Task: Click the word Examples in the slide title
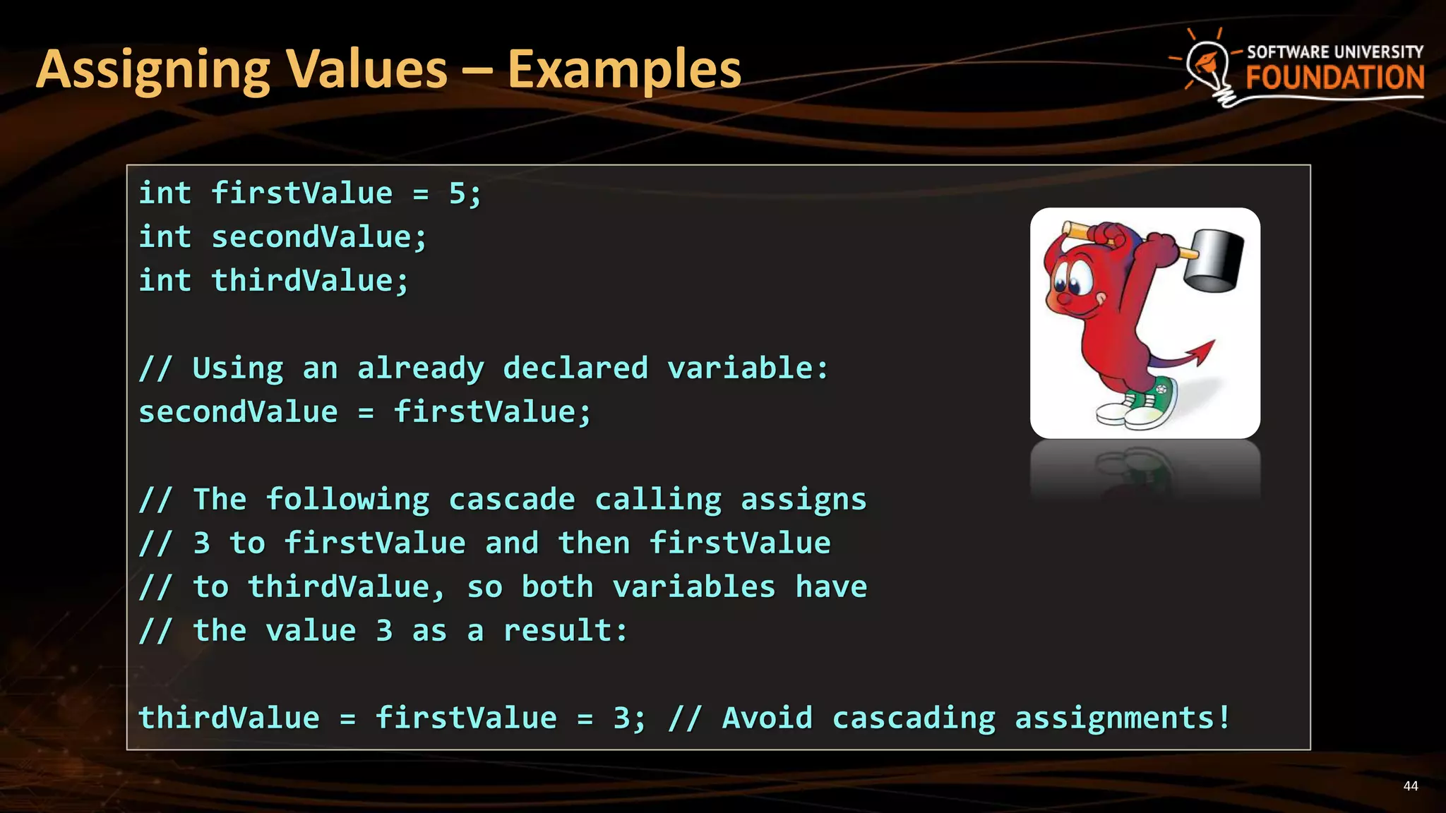point(624,69)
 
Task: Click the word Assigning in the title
point(153,71)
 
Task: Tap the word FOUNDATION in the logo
point(1334,78)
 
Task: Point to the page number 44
point(1410,786)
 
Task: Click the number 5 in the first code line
point(457,193)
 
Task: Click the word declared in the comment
point(575,368)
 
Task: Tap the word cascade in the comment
point(512,500)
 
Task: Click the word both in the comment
point(557,587)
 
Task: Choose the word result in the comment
point(557,631)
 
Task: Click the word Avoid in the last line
point(767,718)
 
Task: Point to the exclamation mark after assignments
point(1223,718)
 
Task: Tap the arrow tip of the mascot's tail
point(1203,350)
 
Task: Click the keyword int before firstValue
point(165,193)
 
